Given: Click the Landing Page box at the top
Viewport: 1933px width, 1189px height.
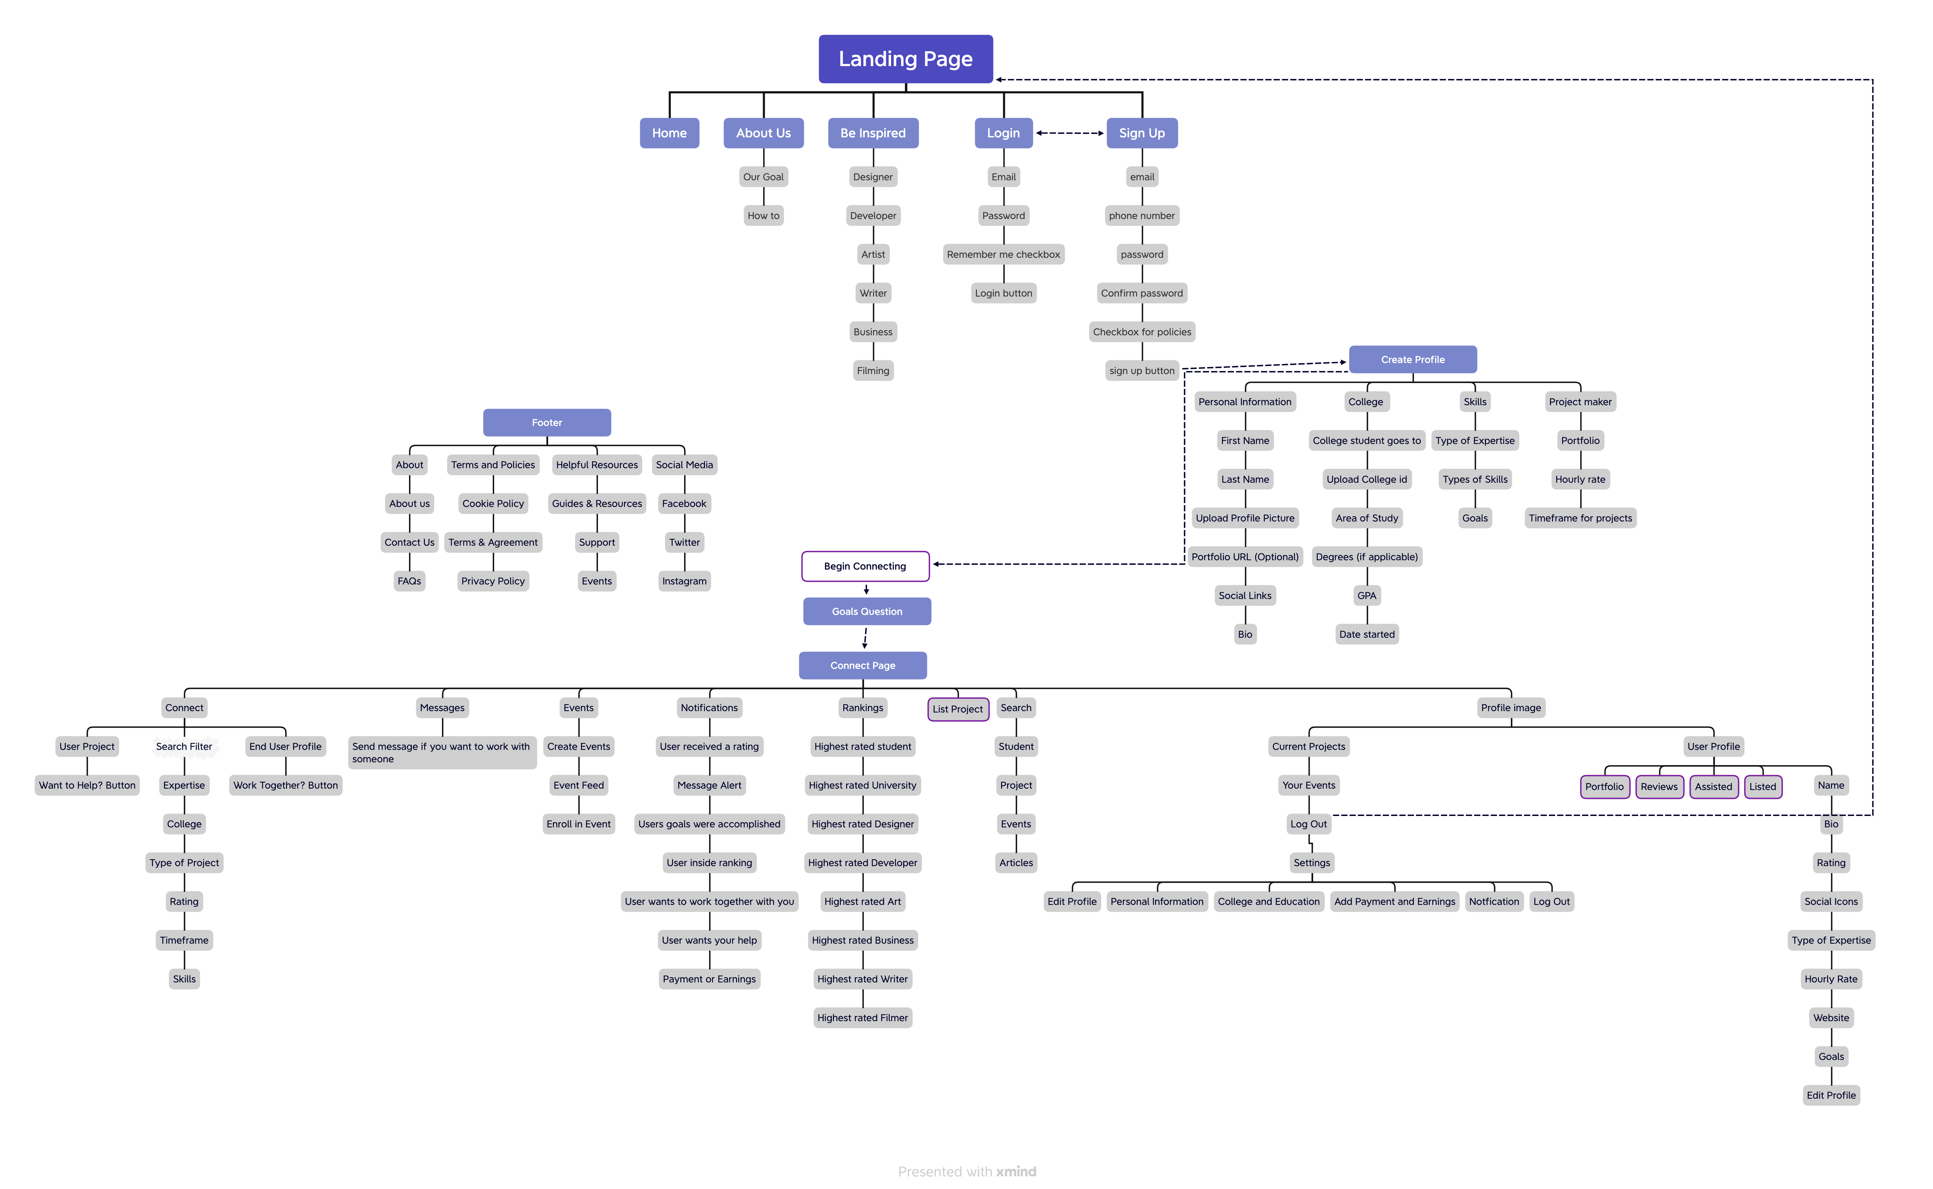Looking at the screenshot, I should (905, 59).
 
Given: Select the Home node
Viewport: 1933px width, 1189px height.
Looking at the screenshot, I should (669, 133).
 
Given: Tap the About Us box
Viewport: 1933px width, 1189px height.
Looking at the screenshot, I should (763, 133).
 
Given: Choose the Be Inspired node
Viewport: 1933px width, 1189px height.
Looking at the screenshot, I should (873, 133).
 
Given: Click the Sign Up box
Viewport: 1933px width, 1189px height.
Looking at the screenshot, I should (1142, 133).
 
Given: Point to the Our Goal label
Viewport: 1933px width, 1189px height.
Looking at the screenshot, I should (763, 177).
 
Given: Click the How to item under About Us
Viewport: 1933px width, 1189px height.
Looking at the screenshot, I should (763, 216).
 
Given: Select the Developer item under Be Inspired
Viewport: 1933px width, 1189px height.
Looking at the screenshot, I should (873, 216).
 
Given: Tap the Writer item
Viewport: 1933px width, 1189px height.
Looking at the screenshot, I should (873, 293).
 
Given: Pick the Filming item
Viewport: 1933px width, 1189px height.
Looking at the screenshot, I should (873, 370).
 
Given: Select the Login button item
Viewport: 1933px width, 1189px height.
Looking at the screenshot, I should (1004, 293).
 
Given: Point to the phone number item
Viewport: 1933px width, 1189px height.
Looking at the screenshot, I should (1142, 216).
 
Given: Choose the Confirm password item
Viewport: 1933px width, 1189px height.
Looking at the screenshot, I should (1142, 293).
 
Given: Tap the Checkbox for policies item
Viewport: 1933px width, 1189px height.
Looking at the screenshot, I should (1142, 332).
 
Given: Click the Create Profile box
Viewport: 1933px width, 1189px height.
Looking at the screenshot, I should (1413, 360).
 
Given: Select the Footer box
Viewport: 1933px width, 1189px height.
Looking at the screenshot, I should (546, 422).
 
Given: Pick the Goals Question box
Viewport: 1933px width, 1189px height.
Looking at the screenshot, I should (866, 611).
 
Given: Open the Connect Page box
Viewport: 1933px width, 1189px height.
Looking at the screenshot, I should (863, 665).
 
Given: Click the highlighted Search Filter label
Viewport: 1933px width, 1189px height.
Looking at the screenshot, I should (184, 746).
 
